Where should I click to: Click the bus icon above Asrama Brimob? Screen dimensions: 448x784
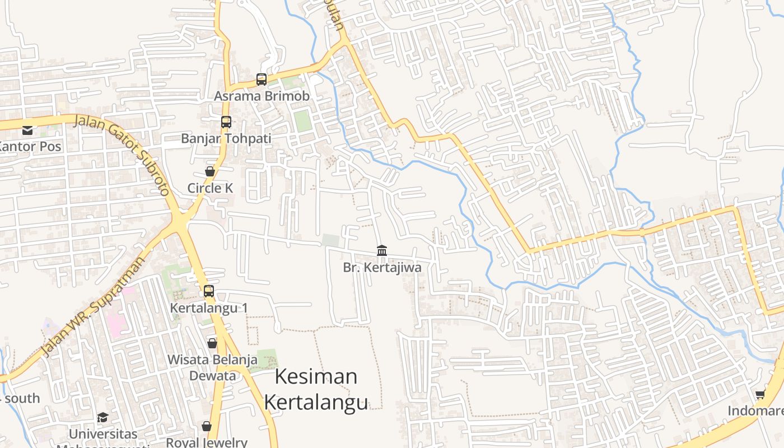point(262,80)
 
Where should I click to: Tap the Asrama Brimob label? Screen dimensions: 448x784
point(262,96)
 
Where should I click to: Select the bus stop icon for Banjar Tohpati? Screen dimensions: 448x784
point(226,122)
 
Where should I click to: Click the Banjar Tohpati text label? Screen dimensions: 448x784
point(226,138)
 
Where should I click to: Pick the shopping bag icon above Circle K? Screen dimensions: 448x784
point(210,171)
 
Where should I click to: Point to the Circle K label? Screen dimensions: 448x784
point(210,188)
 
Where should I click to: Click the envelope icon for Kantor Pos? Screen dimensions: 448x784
point(27,130)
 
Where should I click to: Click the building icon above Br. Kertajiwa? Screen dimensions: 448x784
point(382,250)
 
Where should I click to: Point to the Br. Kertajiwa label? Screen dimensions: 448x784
point(382,268)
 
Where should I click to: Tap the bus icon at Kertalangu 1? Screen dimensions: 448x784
point(209,291)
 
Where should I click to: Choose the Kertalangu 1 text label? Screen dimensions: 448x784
point(209,308)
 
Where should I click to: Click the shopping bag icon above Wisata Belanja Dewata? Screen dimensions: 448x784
point(212,343)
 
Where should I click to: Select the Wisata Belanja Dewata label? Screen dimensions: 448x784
point(212,367)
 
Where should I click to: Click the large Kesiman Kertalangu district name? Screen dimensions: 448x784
point(316,389)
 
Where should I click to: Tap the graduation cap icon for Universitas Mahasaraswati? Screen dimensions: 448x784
point(102,417)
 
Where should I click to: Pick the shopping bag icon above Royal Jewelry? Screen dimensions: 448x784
point(207,427)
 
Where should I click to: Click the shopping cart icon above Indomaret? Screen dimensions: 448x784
point(760,395)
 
